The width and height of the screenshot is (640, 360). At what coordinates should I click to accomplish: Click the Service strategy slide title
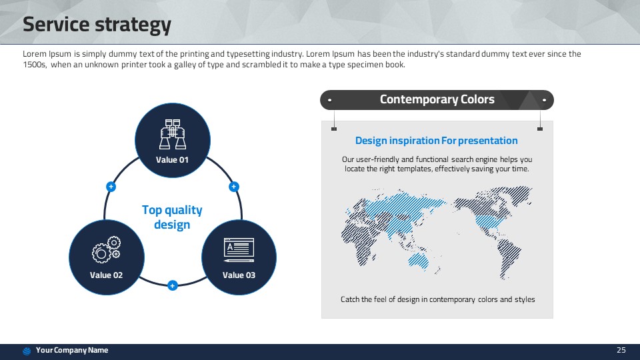[x=97, y=25]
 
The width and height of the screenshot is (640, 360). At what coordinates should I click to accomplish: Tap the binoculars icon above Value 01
[x=173, y=134]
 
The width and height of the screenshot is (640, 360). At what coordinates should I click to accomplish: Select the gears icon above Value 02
[x=106, y=249]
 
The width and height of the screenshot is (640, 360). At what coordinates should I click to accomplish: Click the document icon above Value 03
[x=239, y=250]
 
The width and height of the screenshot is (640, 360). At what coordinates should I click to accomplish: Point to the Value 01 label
[x=172, y=160]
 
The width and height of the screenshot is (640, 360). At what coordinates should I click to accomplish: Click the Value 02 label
[x=106, y=275]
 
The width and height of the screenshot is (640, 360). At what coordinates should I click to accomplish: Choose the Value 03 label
[x=239, y=275]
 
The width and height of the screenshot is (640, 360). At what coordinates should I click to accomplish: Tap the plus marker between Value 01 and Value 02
[x=111, y=187]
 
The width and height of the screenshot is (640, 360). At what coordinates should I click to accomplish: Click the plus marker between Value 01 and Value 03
[x=233, y=187]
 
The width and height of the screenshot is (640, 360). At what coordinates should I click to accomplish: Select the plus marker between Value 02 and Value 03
[x=172, y=285]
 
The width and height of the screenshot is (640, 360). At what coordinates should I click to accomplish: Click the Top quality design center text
[x=172, y=217]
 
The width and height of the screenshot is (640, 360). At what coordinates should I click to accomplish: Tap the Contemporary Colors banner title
[x=437, y=99]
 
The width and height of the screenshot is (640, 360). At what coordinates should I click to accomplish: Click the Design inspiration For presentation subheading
[x=436, y=141]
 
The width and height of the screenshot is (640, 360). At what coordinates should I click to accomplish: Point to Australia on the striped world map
[x=419, y=261]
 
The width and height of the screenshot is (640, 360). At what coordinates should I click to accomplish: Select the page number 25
[x=621, y=350]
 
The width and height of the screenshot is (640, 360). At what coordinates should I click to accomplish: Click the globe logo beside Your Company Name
[x=27, y=351]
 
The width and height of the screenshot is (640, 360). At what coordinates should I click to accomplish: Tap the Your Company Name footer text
[x=72, y=350]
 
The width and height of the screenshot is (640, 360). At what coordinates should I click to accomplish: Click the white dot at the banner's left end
[x=329, y=100]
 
